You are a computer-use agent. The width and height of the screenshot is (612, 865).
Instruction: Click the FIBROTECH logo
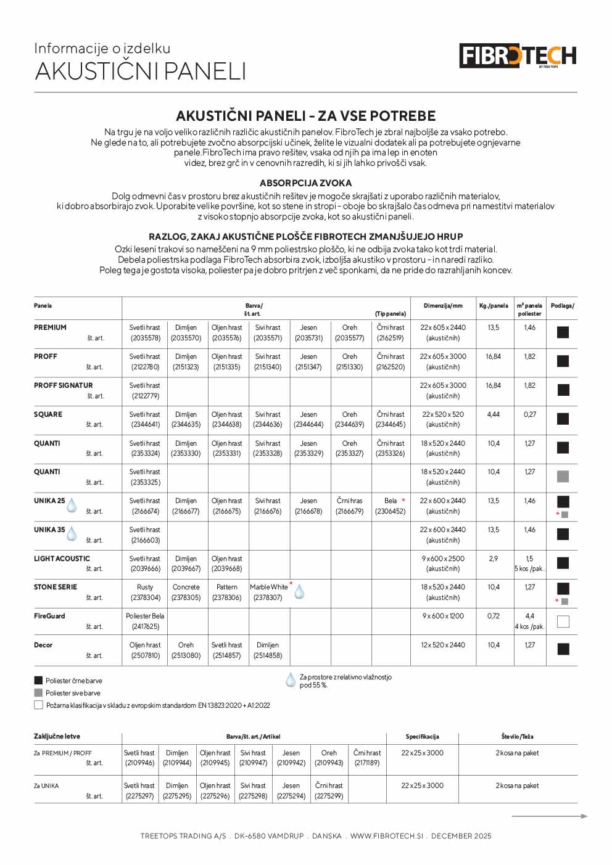pyautogui.click(x=518, y=55)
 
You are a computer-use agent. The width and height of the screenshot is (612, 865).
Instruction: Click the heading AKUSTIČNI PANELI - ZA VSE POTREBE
pyautogui.click(x=305, y=116)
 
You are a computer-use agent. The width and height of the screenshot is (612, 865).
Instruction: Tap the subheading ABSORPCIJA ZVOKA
pyautogui.click(x=305, y=183)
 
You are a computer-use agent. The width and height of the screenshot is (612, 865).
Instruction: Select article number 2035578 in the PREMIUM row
pyautogui.click(x=145, y=338)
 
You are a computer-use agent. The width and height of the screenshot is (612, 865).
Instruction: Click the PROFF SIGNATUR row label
pyautogui.click(x=63, y=385)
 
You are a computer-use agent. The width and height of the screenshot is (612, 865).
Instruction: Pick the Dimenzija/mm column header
pyautogui.click(x=443, y=306)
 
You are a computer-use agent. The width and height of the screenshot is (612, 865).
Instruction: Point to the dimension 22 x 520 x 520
pyautogui.click(x=443, y=414)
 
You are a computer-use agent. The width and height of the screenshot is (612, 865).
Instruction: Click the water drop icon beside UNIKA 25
pyautogui.click(x=72, y=506)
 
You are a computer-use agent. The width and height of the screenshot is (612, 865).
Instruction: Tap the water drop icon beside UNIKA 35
pyautogui.click(x=72, y=534)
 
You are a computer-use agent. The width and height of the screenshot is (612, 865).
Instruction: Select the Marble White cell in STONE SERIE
pyautogui.click(x=268, y=587)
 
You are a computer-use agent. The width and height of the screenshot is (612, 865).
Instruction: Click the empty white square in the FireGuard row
pyautogui.click(x=563, y=621)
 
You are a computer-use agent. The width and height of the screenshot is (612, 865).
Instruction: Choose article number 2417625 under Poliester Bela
pyautogui.click(x=145, y=626)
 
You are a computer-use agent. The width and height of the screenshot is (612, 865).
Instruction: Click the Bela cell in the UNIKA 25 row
pyautogui.click(x=391, y=501)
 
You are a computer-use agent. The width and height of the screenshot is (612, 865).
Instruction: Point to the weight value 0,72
pyautogui.click(x=494, y=616)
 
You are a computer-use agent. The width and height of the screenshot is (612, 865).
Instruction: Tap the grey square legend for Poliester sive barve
pyautogui.click(x=38, y=693)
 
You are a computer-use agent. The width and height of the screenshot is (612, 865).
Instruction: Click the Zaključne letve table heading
pyautogui.click(x=57, y=736)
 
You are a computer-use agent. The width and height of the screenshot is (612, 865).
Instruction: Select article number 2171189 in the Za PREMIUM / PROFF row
pyautogui.click(x=367, y=763)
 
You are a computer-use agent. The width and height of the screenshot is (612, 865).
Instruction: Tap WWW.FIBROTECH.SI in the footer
pyautogui.click(x=386, y=836)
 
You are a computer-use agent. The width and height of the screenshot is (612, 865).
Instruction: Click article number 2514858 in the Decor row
pyautogui.click(x=268, y=655)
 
